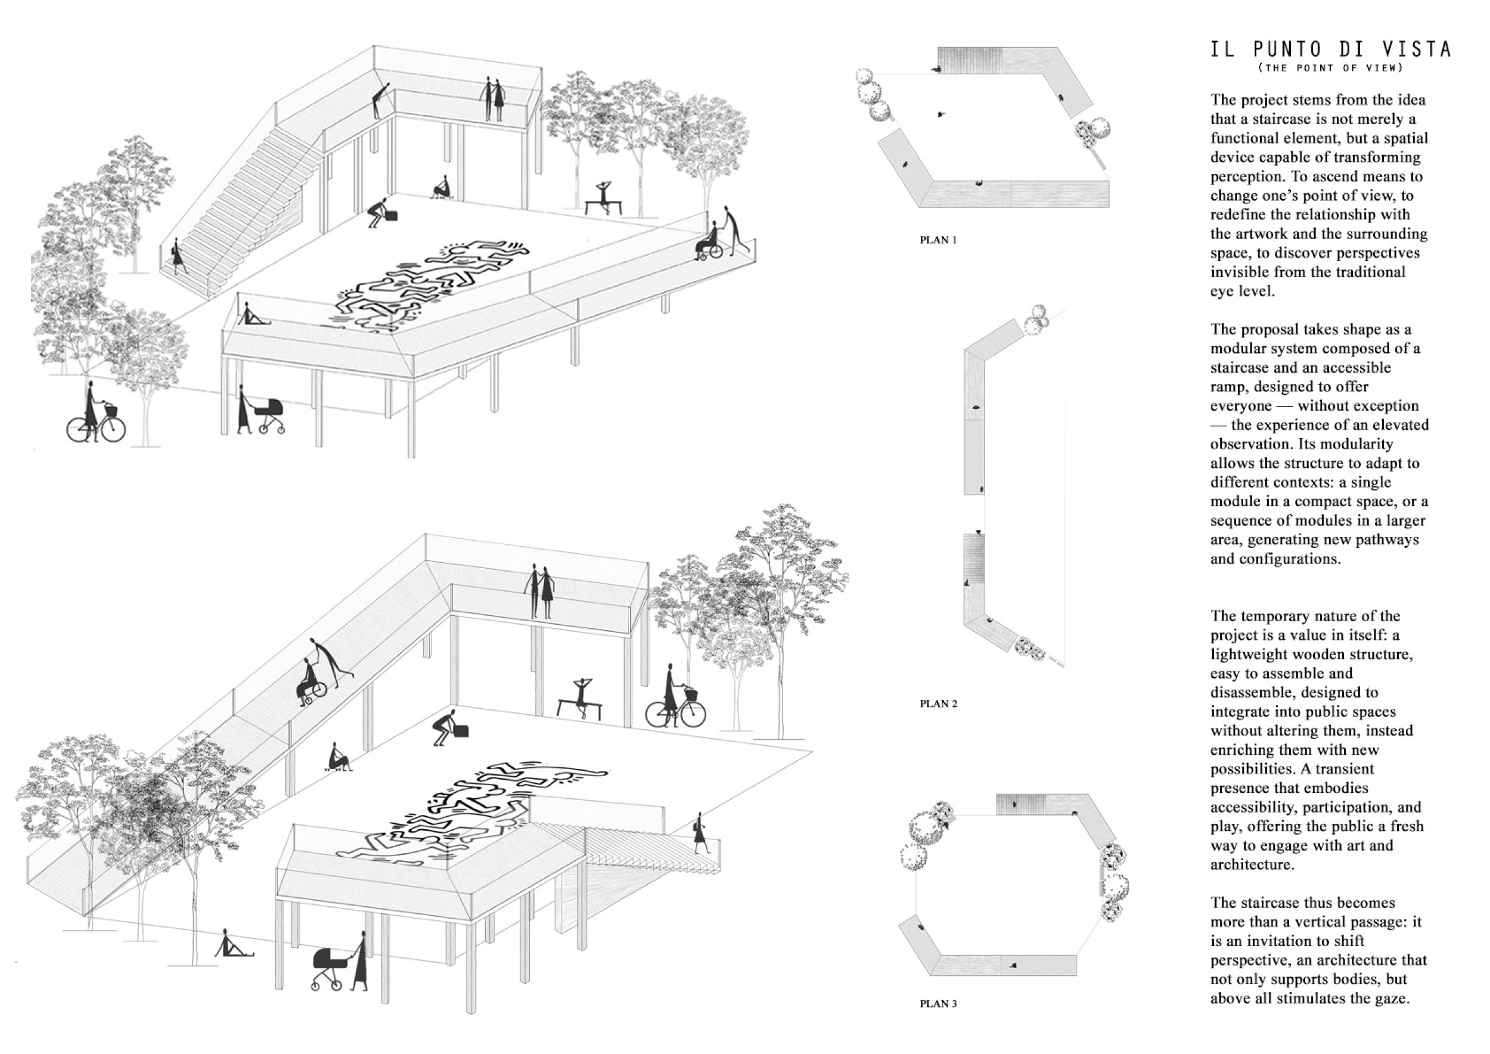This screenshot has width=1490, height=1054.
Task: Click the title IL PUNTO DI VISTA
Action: [x=1330, y=49]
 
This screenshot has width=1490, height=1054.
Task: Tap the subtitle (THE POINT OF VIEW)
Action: [x=1330, y=67]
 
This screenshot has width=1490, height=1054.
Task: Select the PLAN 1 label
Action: [x=938, y=240]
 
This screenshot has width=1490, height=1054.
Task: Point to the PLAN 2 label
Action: [x=938, y=703]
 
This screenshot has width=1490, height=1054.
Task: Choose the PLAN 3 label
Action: [x=938, y=1003]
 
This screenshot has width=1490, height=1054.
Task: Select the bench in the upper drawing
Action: [x=604, y=206]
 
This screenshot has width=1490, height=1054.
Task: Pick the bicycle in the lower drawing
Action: [x=675, y=711]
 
